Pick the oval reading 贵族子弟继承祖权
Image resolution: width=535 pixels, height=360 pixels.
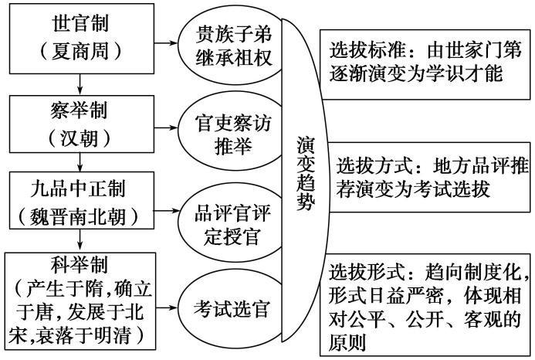coord(229,45)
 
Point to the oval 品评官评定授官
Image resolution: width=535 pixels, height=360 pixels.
coord(229,220)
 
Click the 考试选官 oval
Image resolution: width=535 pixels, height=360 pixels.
coord(229,309)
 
